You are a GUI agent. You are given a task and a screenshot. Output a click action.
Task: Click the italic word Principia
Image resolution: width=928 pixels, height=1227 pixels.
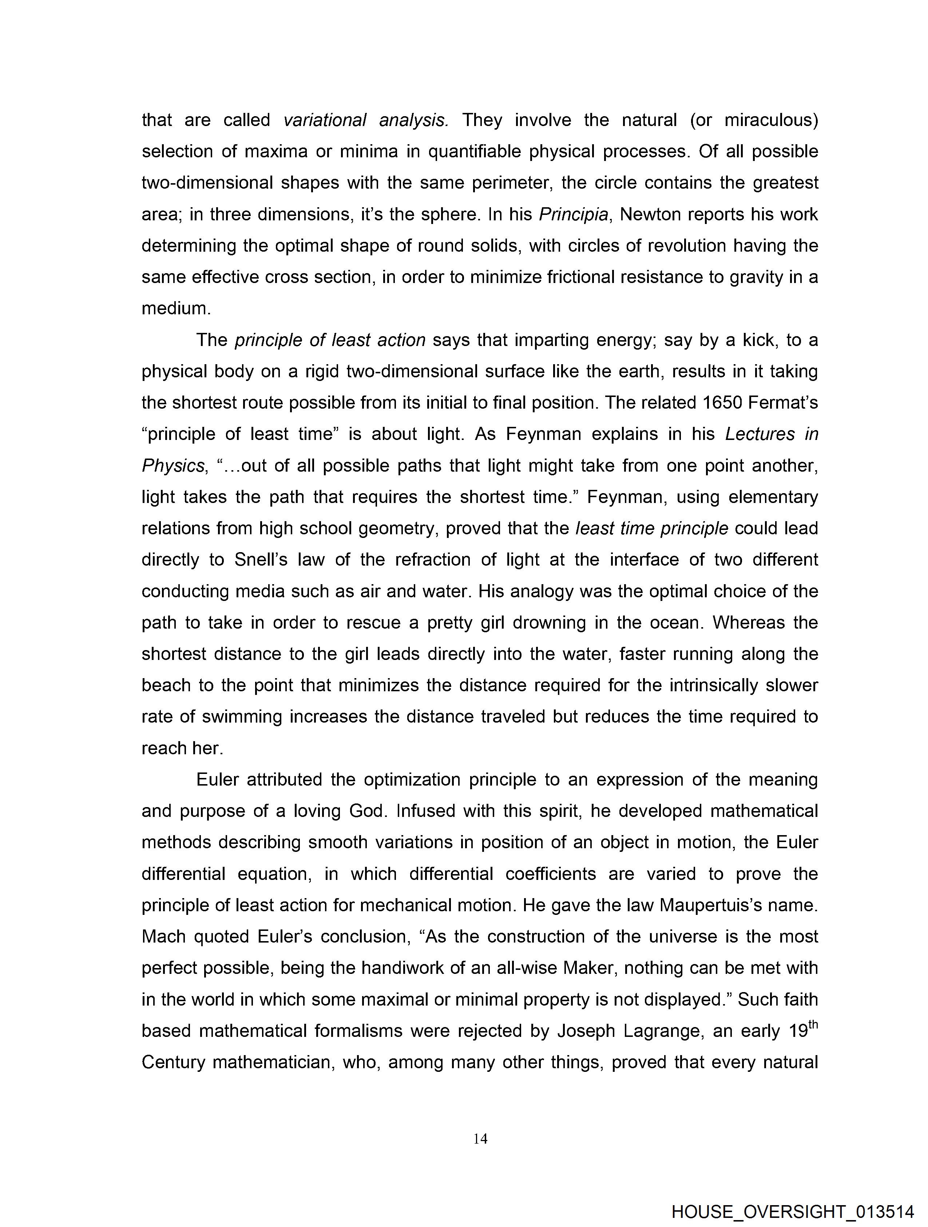click(x=573, y=215)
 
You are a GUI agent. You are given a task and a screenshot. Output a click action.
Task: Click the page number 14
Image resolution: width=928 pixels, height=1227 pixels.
click(x=480, y=1139)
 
